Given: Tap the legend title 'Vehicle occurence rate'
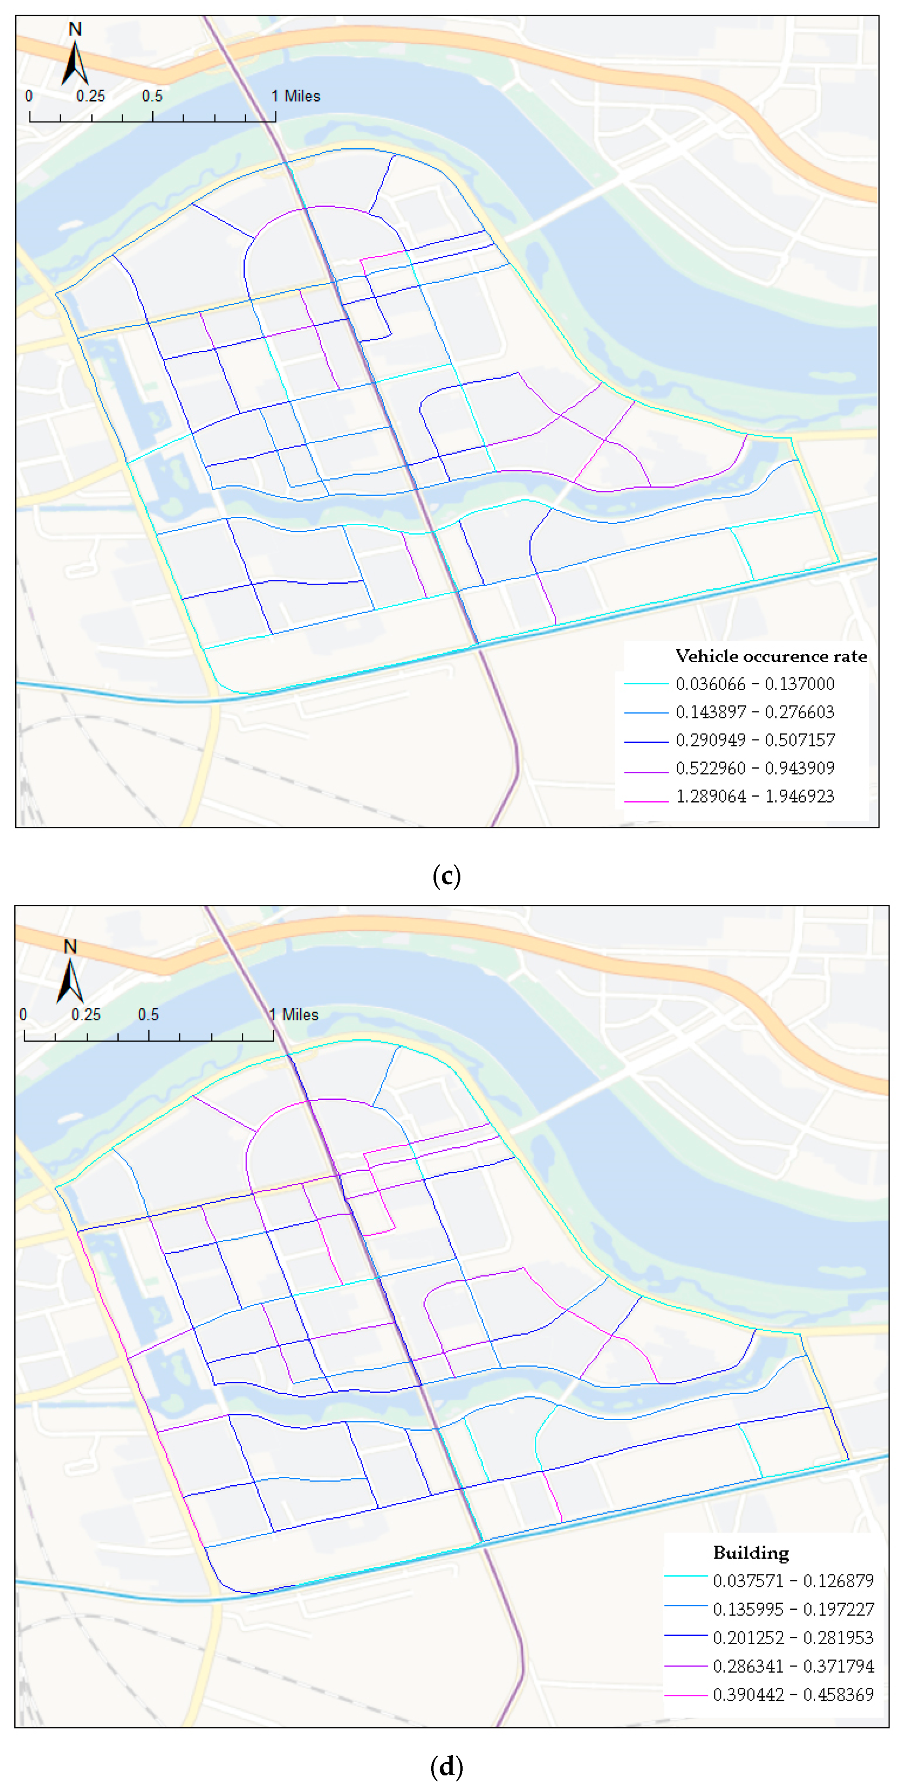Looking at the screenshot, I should click(771, 656).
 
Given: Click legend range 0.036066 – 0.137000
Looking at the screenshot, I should click(755, 684).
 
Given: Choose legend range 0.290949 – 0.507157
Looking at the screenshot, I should click(755, 740).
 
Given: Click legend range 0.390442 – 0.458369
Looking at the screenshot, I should click(793, 1695).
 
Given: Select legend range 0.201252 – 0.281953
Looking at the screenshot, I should click(793, 1638).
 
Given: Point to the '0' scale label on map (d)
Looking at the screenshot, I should click(24, 1014).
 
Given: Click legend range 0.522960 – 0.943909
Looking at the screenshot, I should click(755, 768).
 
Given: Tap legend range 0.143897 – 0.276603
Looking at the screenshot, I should click(755, 712).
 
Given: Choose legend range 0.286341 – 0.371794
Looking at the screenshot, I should click(793, 1666).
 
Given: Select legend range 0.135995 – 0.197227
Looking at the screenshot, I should click(793, 1609).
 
